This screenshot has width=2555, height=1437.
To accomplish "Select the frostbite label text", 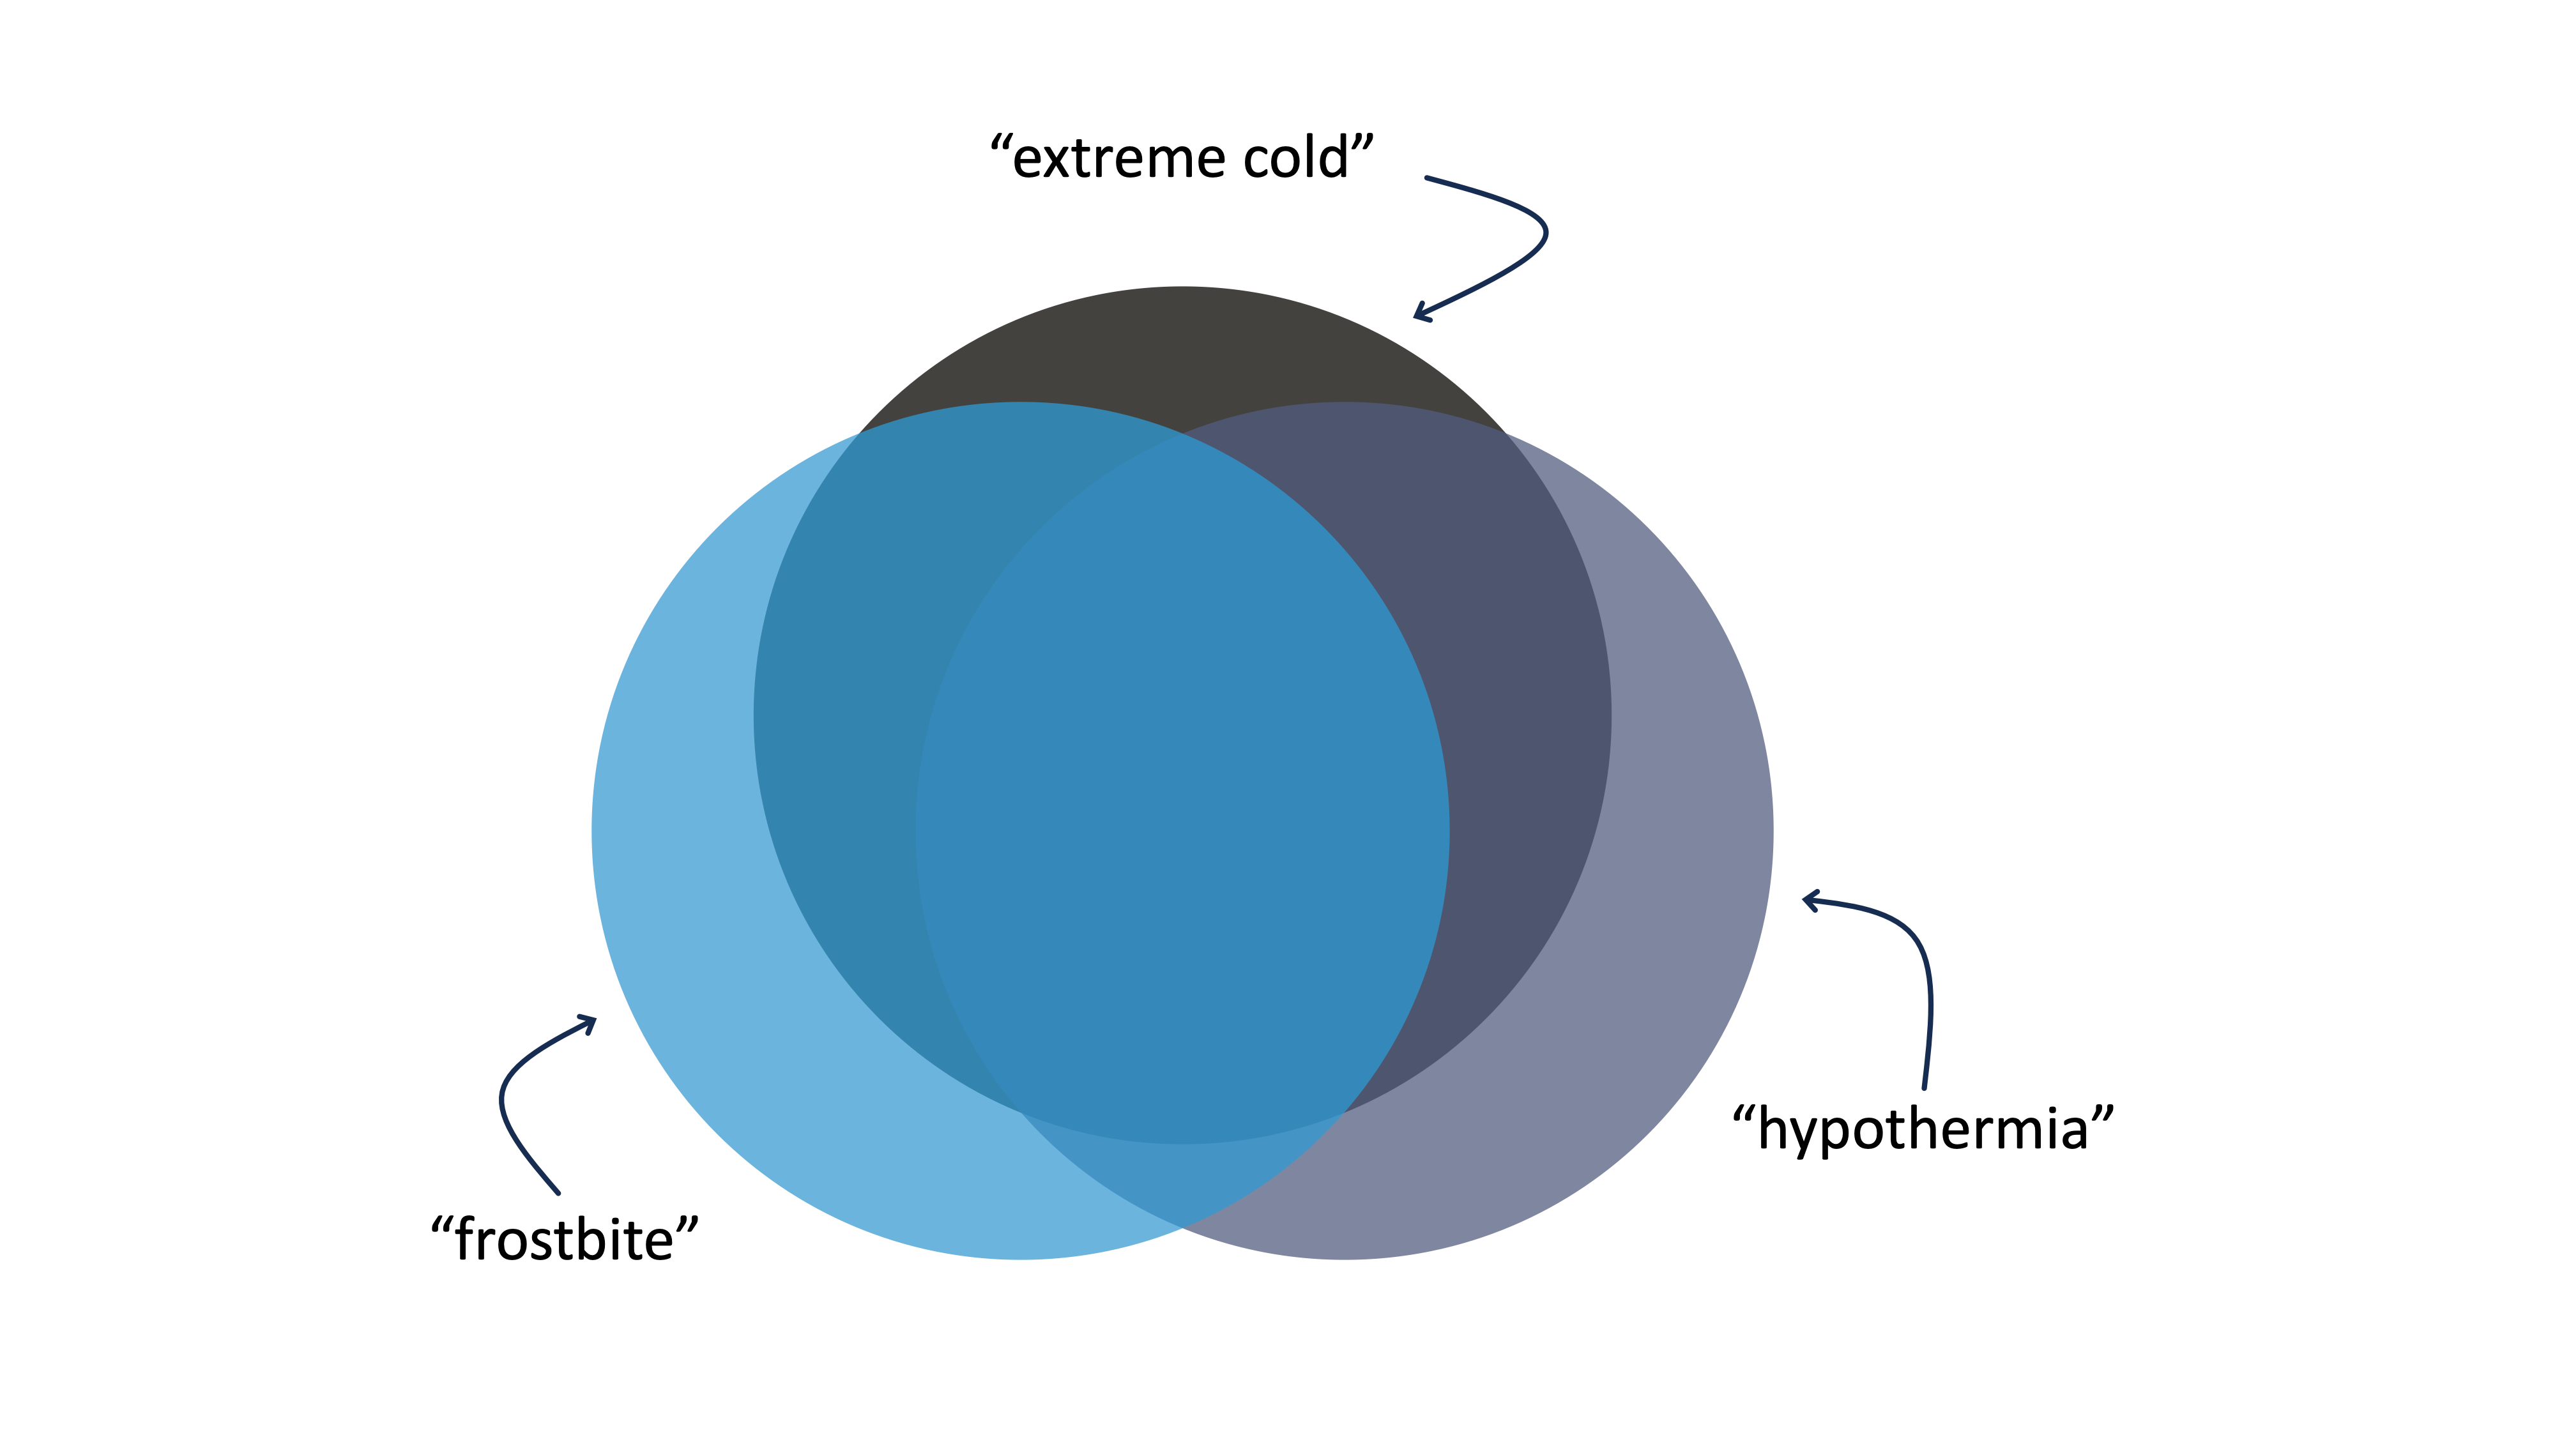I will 565,1240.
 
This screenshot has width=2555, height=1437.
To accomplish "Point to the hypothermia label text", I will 1923,1130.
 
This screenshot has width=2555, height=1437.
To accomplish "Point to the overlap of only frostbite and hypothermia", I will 1180,1180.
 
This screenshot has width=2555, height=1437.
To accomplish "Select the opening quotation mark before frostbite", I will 441,1225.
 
